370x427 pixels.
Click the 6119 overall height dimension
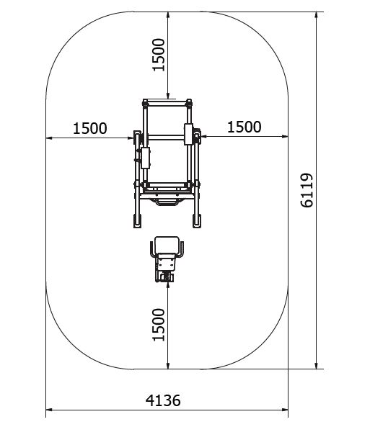[307, 190]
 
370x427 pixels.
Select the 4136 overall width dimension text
[163, 400]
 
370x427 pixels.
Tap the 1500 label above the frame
[159, 55]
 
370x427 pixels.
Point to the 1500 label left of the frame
[89, 128]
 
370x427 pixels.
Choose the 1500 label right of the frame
[245, 127]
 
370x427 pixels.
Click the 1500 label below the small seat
[159, 325]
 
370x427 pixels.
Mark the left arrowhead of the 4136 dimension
[49, 409]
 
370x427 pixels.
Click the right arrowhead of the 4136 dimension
[285, 409]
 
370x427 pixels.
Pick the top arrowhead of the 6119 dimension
[316, 15]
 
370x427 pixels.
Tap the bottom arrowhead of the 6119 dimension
[316, 366]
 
